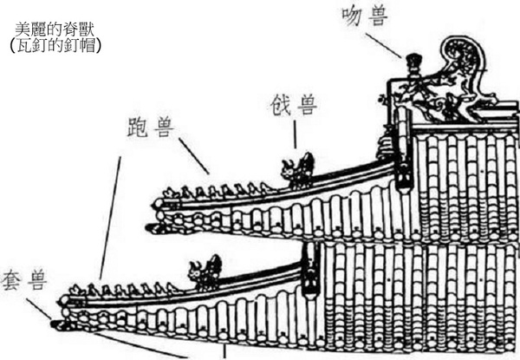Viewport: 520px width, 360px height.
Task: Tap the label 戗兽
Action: (294, 107)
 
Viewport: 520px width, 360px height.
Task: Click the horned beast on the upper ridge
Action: (299, 170)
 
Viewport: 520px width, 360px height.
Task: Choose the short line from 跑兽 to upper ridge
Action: (192, 157)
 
